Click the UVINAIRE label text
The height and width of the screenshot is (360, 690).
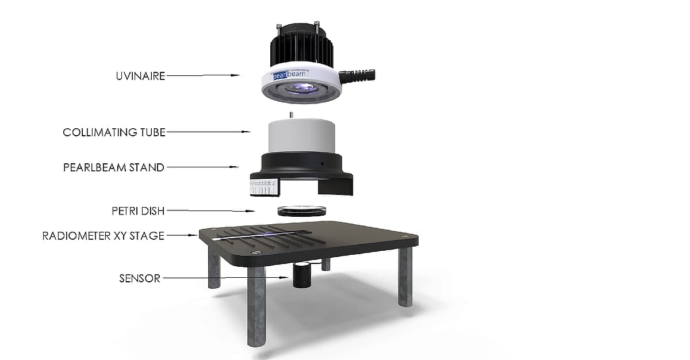[x=140, y=76]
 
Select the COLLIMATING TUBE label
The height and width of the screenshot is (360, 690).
[x=114, y=132]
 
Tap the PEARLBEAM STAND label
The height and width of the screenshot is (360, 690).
[x=114, y=167]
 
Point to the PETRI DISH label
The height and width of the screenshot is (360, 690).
[x=138, y=211]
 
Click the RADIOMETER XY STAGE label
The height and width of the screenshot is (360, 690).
[x=103, y=236]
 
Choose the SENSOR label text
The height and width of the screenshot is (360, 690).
[x=140, y=278]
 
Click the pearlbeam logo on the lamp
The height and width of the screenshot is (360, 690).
[x=289, y=75]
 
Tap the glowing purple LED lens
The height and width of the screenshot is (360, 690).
[x=301, y=89]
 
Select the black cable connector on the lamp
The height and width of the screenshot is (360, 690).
[x=357, y=76]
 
